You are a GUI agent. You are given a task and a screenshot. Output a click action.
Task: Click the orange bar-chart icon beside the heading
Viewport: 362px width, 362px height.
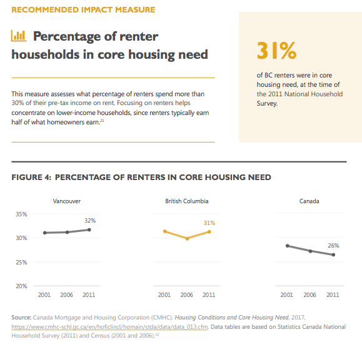point(19,36)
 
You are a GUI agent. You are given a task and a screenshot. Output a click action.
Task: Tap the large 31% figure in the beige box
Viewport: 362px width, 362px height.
point(276,51)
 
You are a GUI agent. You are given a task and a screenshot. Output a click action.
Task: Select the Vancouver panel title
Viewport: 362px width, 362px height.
point(67,201)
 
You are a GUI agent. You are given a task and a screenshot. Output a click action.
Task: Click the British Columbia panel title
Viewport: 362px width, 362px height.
point(187,201)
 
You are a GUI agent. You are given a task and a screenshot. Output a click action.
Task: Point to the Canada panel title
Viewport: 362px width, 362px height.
point(309,201)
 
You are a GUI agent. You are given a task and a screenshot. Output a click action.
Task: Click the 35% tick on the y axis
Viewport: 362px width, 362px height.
point(21,214)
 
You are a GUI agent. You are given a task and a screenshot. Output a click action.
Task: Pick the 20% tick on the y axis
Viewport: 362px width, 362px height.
point(21,286)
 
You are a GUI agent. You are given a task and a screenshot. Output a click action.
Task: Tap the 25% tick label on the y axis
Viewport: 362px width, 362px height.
point(21,262)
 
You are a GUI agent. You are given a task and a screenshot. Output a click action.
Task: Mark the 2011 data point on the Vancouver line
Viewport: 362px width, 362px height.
point(89,229)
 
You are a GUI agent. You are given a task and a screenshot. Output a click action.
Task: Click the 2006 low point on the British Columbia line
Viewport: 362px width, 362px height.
point(187,238)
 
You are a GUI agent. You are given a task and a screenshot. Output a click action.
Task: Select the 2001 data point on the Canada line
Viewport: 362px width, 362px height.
point(288,246)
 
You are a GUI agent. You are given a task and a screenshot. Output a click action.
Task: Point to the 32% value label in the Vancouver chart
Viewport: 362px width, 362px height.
point(90,221)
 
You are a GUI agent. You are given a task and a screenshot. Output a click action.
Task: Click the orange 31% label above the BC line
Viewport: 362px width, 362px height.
point(209,223)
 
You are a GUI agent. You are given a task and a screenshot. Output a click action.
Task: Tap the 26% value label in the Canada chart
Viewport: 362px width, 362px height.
point(333,246)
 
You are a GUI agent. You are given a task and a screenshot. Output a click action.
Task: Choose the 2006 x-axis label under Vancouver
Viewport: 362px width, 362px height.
point(66,295)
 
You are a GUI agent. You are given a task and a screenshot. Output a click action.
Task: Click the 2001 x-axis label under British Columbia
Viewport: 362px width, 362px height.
point(164,295)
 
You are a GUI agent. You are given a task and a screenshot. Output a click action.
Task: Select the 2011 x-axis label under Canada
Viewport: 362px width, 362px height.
point(333,295)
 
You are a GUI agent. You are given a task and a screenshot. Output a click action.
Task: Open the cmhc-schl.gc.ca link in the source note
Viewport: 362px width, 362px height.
point(109,327)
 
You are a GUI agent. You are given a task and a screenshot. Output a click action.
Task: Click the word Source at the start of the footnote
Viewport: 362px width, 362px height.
point(21,318)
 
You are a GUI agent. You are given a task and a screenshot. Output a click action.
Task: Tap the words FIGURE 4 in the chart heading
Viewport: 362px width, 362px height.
point(31,178)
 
